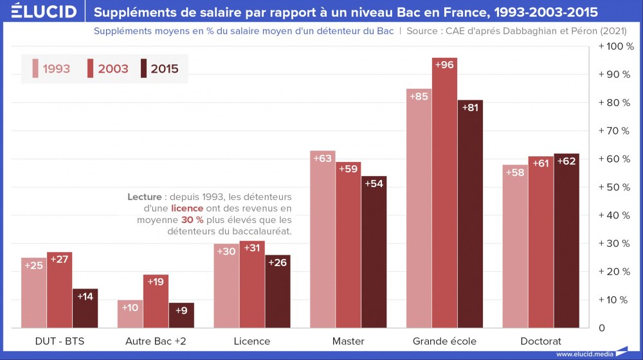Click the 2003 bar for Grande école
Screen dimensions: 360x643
444,193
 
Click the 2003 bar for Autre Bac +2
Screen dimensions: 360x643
156,301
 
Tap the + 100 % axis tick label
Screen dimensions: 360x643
616,46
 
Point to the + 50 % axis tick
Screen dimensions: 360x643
616,187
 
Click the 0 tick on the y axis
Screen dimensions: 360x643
602,328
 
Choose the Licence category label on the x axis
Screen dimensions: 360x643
252,341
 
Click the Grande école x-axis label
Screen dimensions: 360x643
444,341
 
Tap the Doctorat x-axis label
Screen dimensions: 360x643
541,341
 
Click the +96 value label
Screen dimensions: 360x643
444,64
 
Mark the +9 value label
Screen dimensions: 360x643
181,309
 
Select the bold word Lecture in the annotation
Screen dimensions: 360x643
144,197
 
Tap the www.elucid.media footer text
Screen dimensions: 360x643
584,354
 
